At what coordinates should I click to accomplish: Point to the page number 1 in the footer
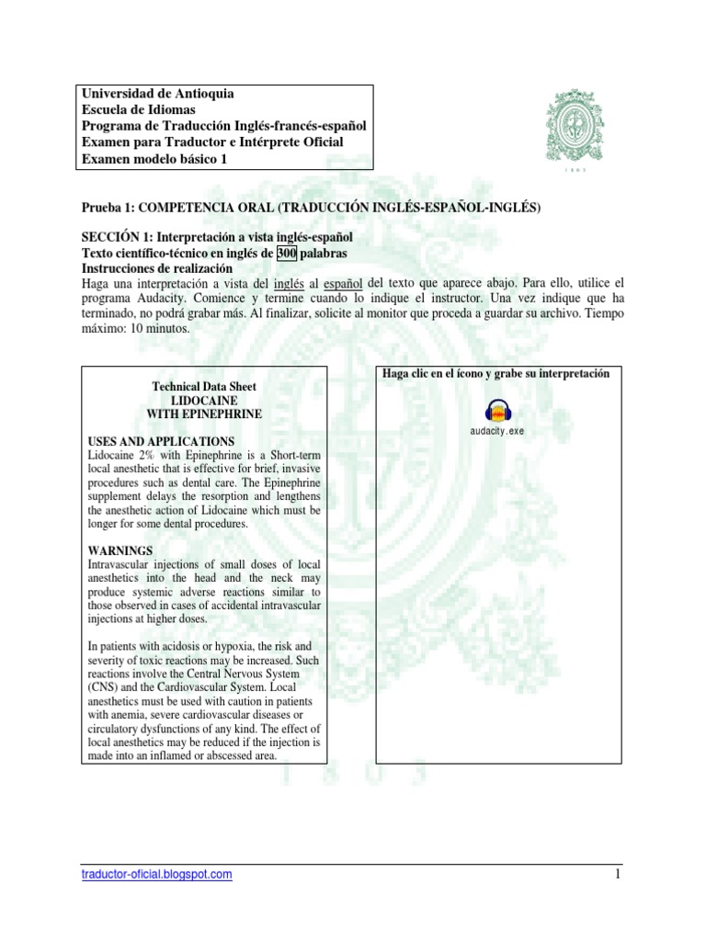tap(620, 874)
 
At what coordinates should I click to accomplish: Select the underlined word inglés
tap(249, 282)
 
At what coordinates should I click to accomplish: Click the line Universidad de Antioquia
tap(157, 94)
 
